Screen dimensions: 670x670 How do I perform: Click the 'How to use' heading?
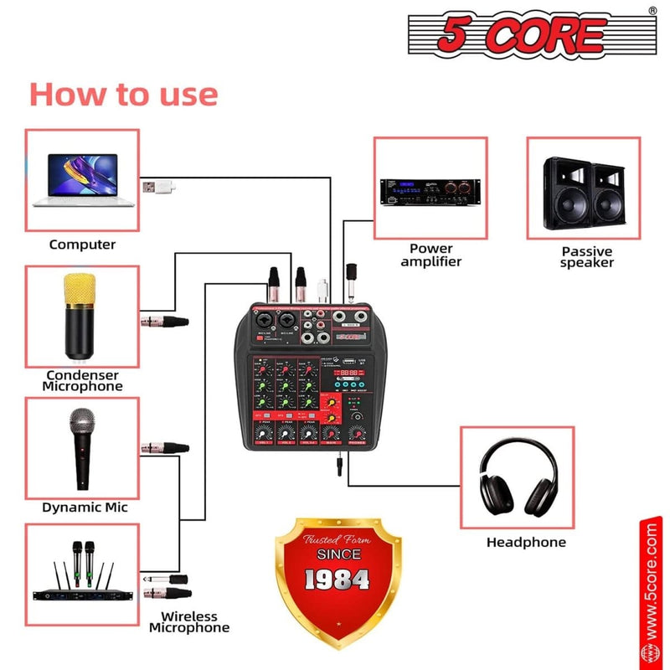click(x=123, y=94)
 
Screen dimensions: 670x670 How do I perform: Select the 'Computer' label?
click(x=82, y=245)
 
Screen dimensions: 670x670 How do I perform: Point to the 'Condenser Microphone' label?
click(x=83, y=380)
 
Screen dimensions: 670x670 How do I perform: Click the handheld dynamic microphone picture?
click(x=81, y=446)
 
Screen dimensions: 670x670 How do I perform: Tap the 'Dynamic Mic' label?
click(x=85, y=508)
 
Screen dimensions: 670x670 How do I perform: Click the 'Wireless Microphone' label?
click(x=189, y=621)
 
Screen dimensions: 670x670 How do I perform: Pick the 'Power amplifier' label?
click(x=431, y=255)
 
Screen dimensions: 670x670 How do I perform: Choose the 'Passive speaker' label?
click(x=587, y=256)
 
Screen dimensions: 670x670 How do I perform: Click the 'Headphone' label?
click(x=526, y=543)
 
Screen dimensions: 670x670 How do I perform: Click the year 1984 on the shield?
click(x=337, y=578)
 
